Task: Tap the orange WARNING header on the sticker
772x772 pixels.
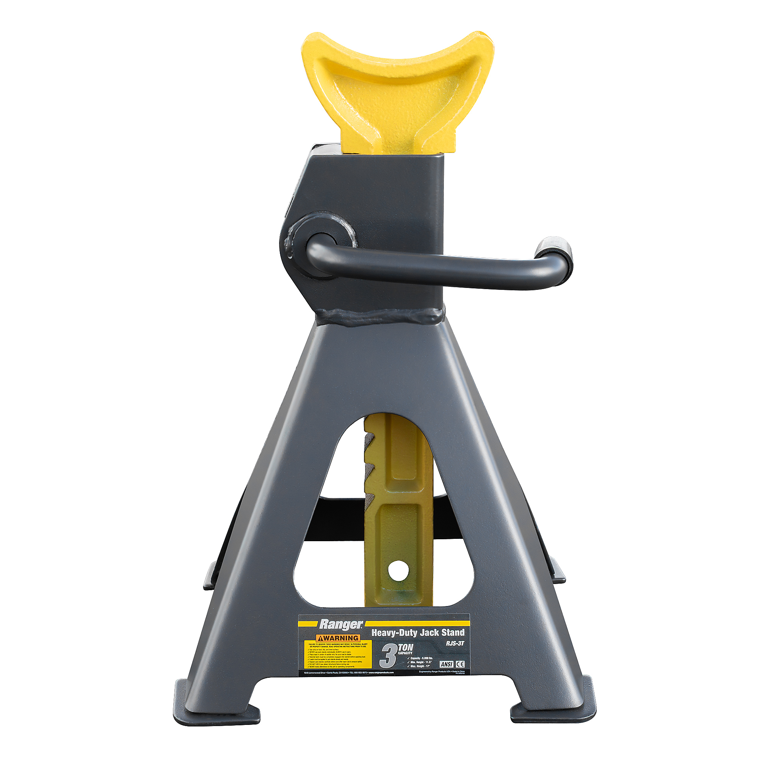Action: [338, 638]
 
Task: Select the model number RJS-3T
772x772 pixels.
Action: [455, 643]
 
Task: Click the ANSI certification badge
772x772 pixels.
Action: [446, 664]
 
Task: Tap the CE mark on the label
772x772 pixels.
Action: [460, 664]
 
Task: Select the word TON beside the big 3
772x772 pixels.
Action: [405, 647]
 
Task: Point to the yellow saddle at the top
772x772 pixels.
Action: [396, 92]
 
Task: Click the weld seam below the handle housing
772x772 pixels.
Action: [379, 317]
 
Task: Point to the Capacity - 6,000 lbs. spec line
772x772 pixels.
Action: [421, 658]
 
